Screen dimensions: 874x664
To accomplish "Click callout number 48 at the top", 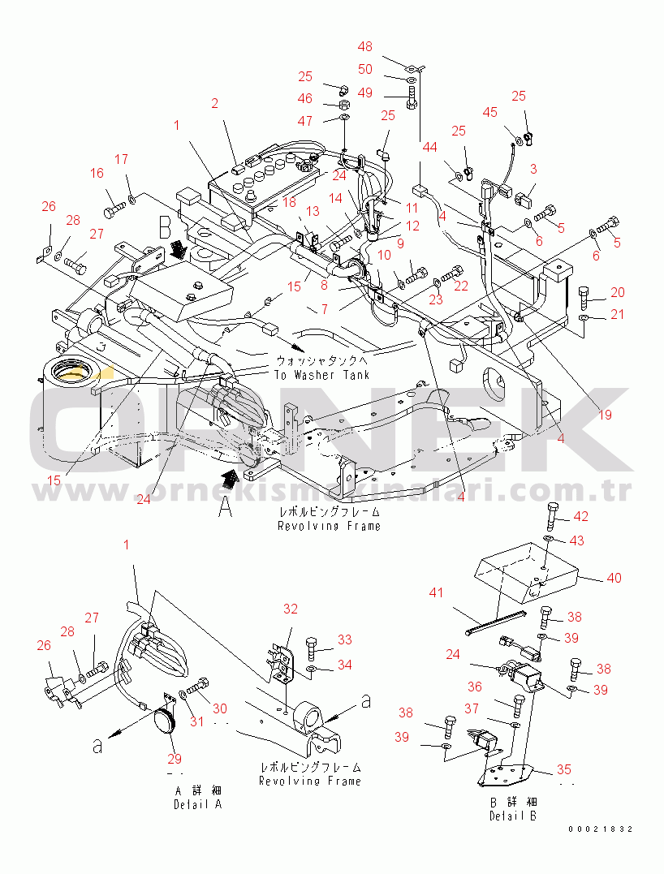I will (x=365, y=47).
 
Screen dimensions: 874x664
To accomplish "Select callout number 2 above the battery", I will (x=214, y=103).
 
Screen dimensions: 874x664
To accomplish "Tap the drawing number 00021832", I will (x=600, y=829).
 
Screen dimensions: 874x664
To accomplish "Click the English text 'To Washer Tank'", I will (x=321, y=375).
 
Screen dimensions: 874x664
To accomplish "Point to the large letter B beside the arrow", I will (x=166, y=225).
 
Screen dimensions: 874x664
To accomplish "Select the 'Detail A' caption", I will (x=197, y=804).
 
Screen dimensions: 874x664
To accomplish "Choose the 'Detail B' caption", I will (x=512, y=816).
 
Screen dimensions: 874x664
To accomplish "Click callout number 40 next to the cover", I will (x=614, y=578).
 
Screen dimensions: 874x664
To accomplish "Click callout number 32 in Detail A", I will (x=290, y=609).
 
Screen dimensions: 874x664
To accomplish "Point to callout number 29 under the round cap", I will (x=175, y=759).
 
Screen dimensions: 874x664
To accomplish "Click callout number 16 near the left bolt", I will (x=97, y=173).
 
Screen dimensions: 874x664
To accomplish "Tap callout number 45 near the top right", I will (x=489, y=112).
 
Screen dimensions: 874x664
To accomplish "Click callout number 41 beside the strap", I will (x=437, y=593).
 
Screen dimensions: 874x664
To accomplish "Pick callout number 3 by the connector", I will (x=533, y=169).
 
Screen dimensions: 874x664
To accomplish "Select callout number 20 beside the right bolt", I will (x=618, y=292).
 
